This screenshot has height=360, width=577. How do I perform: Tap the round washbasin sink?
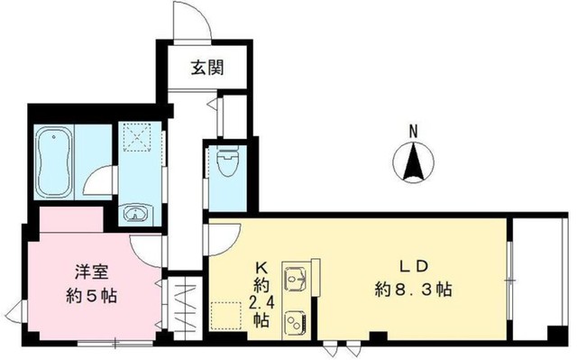[x=136, y=214]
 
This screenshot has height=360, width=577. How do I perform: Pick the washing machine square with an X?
[x=140, y=136]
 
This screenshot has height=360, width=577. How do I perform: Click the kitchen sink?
[x=295, y=278]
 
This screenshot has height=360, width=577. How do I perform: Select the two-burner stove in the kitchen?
[x=294, y=321]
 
